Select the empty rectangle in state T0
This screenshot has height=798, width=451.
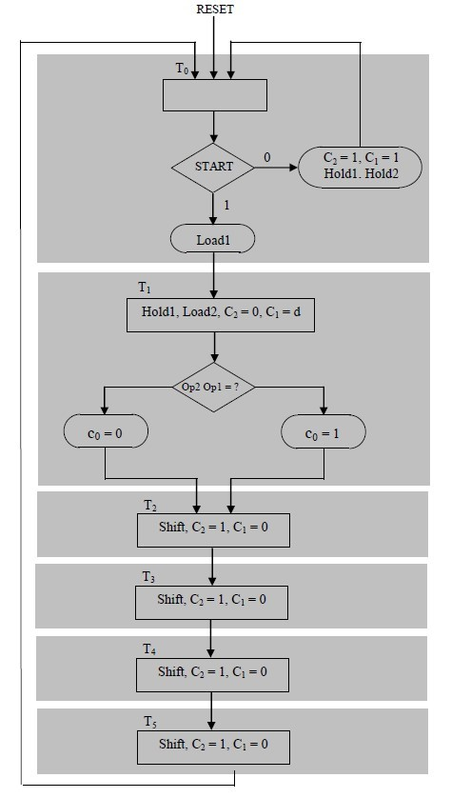[215, 95]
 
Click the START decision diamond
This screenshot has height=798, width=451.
[214, 167]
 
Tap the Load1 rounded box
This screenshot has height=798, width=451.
[214, 240]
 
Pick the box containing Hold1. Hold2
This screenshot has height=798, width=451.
[360, 167]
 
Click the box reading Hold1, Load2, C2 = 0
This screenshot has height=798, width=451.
[221, 315]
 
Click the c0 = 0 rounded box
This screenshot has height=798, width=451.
[106, 432]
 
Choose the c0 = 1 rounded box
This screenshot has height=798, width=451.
[324, 432]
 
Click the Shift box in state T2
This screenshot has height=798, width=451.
[212, 529]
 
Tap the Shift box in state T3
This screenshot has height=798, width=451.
[212, 600]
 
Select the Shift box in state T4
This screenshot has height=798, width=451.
[212, 672]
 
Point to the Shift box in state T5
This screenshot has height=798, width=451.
[212, 745]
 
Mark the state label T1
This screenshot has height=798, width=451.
[145, 287]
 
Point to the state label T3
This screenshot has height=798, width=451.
[149, 576]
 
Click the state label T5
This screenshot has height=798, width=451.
[149, 722]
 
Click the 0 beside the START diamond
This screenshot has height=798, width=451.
[266, 155]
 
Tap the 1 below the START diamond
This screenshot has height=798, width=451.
[226, 205]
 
